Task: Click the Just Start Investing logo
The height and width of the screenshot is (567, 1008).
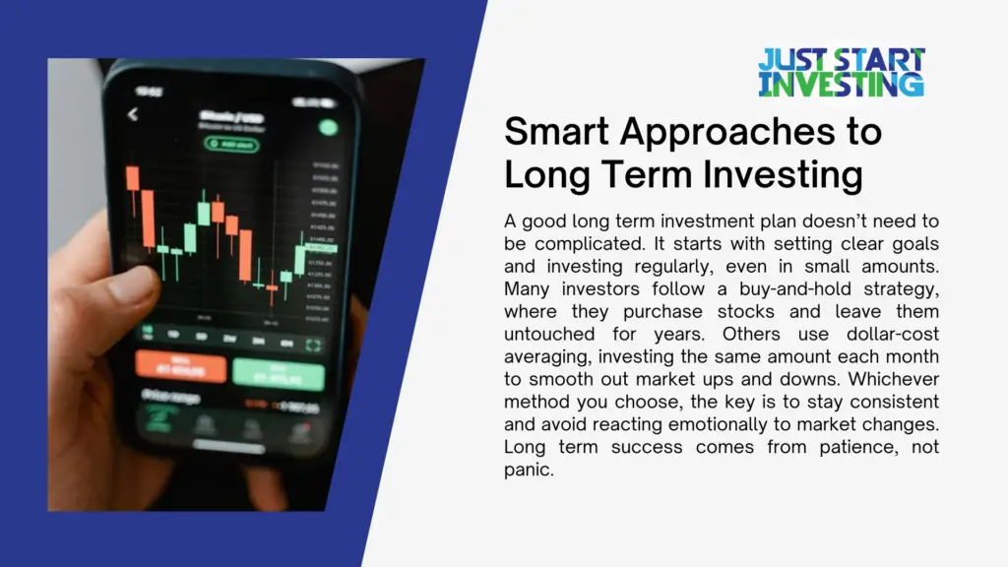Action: [841, 72]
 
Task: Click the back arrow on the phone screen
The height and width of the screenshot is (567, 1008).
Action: [133, 115]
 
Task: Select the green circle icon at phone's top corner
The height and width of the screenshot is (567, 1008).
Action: [328, 127]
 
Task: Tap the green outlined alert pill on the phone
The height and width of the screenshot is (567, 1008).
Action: [231, 144]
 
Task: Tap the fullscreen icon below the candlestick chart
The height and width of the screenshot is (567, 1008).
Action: [314, 346]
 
